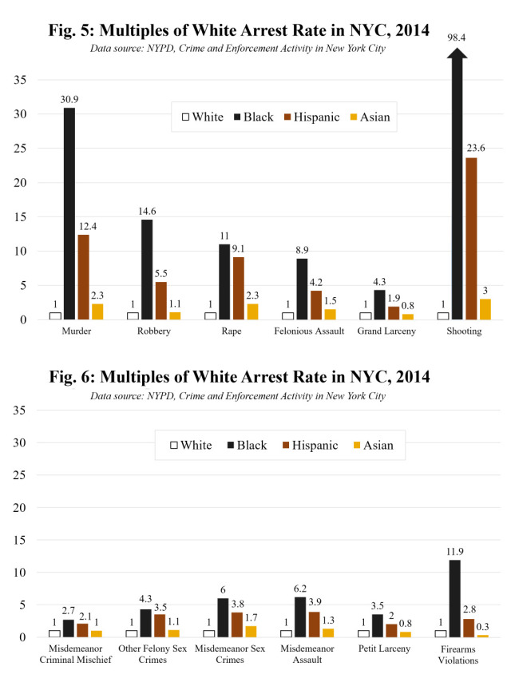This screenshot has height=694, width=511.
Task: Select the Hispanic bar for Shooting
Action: click(471, 239)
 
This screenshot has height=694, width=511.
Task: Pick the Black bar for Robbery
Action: click(147, 269)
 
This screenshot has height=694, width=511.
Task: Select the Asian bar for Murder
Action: click(97, 311)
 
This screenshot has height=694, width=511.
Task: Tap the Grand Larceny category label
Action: click(380, 331)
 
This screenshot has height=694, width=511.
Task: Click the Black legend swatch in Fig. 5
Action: click(237, 117)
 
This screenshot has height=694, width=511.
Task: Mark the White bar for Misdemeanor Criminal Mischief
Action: click(54, 633)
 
